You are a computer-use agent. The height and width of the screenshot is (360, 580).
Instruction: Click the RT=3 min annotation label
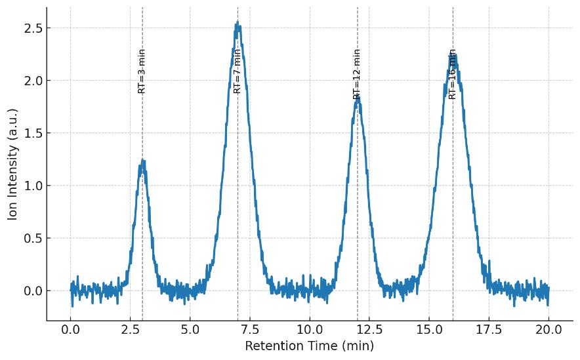click(x=142, y=71)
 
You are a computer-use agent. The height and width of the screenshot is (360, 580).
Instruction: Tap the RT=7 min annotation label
click(x=238, y=71)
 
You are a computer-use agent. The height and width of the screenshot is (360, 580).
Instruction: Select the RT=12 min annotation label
click(x=357, y=73)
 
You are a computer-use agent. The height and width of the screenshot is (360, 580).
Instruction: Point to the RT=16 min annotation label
click(x=453, y=74)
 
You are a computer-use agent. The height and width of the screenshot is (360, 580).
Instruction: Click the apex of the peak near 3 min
click(x=142, y=161)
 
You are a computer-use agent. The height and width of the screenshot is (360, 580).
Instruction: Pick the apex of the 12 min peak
click(x=358, y=98)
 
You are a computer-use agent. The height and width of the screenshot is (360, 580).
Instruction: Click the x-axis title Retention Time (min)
click(x=309, y=346)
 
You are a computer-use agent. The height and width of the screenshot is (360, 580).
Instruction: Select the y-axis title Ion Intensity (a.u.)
click(x=12, y=164)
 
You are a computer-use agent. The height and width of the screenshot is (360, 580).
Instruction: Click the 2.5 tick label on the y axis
click(x=32, y=28)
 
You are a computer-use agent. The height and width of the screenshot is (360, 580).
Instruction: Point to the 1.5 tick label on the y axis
click(x=32, y=133)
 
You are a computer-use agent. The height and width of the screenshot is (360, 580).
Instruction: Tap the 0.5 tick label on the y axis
click(x=32, y=238)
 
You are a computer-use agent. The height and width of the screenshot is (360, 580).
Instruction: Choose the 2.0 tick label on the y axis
click(x=32, y=81)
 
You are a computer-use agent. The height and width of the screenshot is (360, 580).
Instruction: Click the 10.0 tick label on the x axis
click(x=310, y=330)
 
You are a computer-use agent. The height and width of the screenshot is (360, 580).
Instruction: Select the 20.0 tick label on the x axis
click(x=549, y=330)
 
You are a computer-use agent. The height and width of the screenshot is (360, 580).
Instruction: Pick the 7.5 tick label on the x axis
click(x=250, y=330)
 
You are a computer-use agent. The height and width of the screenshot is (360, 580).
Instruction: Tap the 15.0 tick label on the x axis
click(x=429, y=330)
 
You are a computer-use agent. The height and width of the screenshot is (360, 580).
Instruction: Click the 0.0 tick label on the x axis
click(x=71, y=330)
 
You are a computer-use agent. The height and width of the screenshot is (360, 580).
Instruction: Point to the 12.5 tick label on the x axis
click(x=369, y=330)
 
